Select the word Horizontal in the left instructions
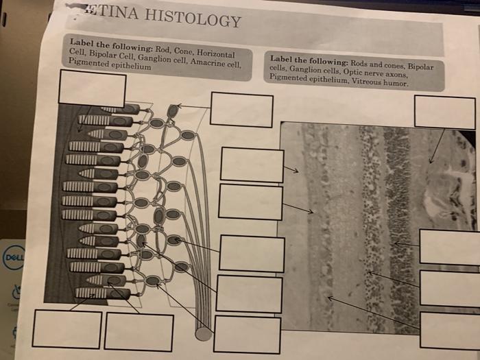click(215, 53)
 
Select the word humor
click(394, 84)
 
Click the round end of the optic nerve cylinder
click(204, 333)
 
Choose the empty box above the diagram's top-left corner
click(92, 88)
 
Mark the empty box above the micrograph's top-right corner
click(444, 112)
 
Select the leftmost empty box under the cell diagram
click(67, 329)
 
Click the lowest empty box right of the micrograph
click(451, 331)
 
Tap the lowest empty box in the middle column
click(247, 335)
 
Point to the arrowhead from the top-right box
click(431, 162)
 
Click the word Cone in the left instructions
click(184, 51)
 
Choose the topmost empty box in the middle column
click(241, 110)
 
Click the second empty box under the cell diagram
click(139, 332)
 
